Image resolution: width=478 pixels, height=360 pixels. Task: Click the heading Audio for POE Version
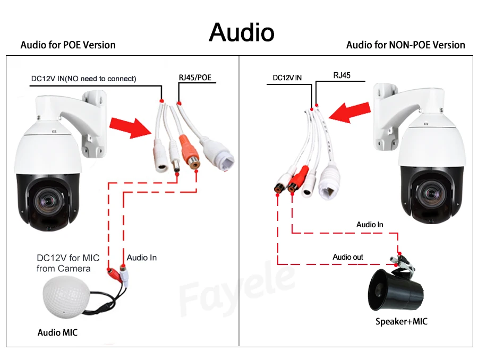coord(68,45)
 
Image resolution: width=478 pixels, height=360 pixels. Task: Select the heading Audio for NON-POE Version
coord(405,45)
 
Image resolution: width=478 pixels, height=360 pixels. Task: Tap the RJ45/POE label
coord(195,78)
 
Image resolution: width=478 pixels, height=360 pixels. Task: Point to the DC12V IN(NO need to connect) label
coord(84,79)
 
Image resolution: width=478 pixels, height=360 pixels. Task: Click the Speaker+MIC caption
coord(401,321)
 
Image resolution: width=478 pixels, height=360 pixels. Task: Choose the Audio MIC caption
coord(57,333)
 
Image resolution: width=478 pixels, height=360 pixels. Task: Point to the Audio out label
coord(348,258)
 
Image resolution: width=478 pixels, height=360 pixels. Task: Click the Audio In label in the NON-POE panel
coord(370,225)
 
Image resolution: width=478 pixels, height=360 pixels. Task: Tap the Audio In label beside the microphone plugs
coord(142,258)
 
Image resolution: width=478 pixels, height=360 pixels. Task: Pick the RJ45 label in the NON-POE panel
coord(342,75)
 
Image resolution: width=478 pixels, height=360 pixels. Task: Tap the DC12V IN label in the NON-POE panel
coord(287,78)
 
